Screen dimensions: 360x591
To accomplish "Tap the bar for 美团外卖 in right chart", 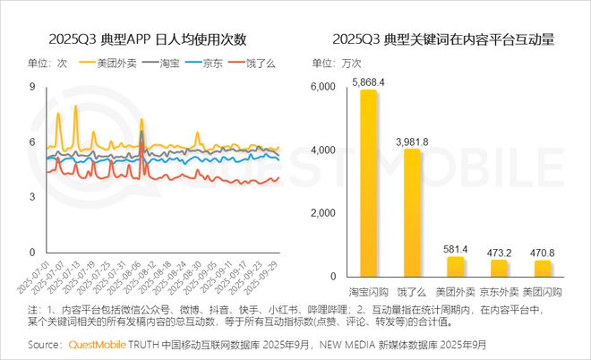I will click(456, 266).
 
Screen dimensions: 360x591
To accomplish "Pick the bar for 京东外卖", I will click(500, 268).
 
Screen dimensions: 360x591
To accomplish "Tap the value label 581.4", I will click(456, 248).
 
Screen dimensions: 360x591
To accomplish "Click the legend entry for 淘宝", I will click(161, 64).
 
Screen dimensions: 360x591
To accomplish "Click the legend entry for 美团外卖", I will click(110, 64).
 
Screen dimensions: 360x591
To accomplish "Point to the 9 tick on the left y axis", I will click(32, 87).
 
